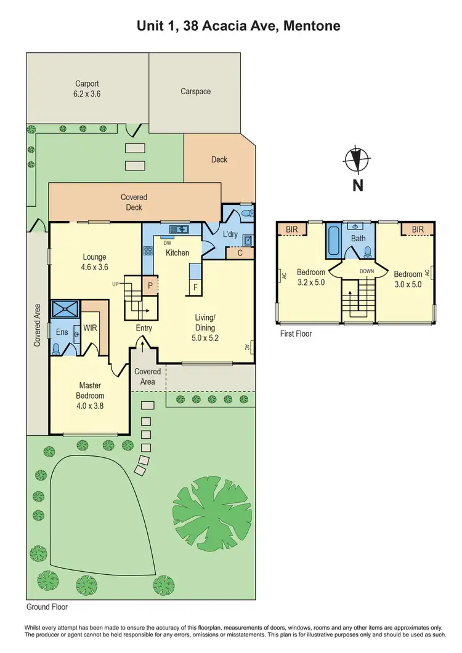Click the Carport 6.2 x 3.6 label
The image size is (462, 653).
[87, 89]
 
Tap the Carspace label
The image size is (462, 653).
[195, 91]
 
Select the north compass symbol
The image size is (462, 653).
[357, 160]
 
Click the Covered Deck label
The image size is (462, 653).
[134, 202]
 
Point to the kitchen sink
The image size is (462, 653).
[181, 230]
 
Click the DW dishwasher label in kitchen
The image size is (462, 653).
[167, 242]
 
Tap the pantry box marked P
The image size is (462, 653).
[148, 286]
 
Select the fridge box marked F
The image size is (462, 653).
[195, 287]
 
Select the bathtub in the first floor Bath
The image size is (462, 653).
[333, 241]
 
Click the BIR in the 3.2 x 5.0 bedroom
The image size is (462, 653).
[289, 229]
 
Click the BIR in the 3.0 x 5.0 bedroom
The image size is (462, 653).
[418, 229]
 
